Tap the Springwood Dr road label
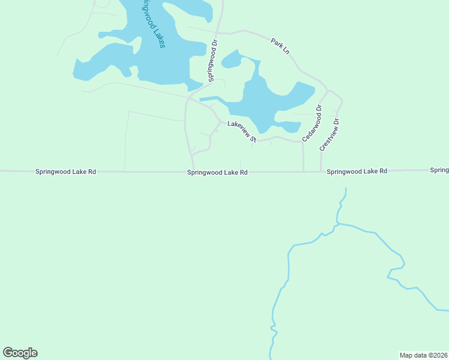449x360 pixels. pyautogui.click(x=212, y=61)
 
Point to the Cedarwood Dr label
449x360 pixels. pyautogui.click(x=312, y=123)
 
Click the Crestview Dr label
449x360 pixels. pyautogui.click(x=330, y=134)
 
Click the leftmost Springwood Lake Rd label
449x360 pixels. pyautogui.click(x=65, y=172)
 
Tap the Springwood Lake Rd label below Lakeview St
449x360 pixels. pyautogui.click(x=217, y=172)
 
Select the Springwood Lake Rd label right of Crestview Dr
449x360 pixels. pyautogui.click(x=357, y=172)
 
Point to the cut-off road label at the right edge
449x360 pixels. pyautogui.click(x=439, y=170)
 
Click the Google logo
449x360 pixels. pyautogui.click(x=20, y=353)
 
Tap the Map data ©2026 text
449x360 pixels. pyautogui.click(x=423, y=355)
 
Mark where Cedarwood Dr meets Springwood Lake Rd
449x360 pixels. pyautogui.click(x=304, y=171)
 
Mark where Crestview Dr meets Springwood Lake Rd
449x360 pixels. pyautogui.click(x=321, y=171)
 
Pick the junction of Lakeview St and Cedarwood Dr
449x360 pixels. pyautogui.click(x=302, y=142)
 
